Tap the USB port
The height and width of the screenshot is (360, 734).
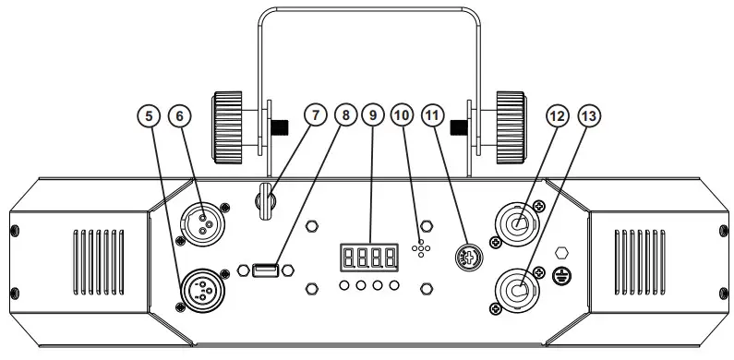click(264, 270)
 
